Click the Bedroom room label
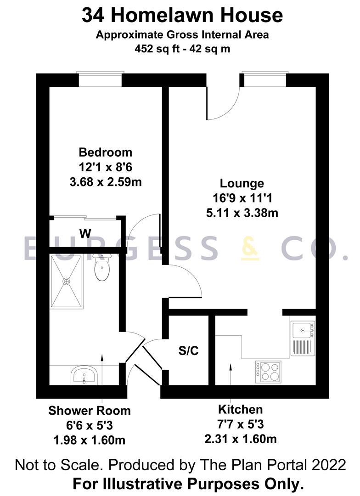point(105,152)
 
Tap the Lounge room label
point(242,183)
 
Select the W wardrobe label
point(85,234)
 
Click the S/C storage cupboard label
point(188,351)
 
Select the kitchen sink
point(303,329)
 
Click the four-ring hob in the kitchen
point(268,372)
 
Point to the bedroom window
point(101,79)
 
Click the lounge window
point(264,79)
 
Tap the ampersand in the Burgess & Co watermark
point(250,248)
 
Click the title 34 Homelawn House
point(182,16)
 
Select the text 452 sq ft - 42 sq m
point(182,47)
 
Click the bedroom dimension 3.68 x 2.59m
point(105,182)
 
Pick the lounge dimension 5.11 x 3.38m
point(242,213)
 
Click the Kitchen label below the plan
point(240,409)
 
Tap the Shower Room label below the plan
point(90,410)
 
